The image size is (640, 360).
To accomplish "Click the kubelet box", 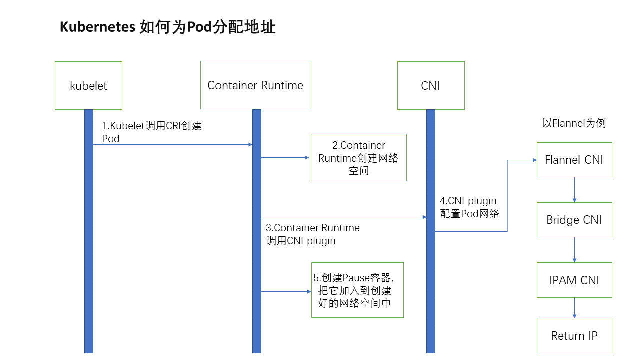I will pos(88,85).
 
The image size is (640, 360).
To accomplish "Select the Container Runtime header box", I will pos(255,85).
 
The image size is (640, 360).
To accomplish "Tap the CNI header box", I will pos(430,85).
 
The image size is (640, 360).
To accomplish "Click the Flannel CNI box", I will pos(574,160).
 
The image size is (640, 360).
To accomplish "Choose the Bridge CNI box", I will pos(574,220).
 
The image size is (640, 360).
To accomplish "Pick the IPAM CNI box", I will pos(574,280).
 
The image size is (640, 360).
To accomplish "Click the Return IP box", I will pos(574,335).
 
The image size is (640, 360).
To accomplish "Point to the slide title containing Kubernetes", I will pos(167,27).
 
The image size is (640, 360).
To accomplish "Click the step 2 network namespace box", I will pos(358,158).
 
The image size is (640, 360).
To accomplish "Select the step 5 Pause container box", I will pos(357,290).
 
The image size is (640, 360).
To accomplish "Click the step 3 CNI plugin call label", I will pos(313,234).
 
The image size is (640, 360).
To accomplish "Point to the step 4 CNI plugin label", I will pos(469,207).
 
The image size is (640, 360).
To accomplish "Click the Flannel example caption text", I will pos(574,123).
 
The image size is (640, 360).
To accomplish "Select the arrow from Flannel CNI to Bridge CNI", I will pos(574,190).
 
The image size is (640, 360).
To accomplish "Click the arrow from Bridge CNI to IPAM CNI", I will pos(574,250).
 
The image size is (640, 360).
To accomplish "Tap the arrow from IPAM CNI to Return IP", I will pos(574,308).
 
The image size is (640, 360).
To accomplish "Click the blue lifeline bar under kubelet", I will pos(89,250).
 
